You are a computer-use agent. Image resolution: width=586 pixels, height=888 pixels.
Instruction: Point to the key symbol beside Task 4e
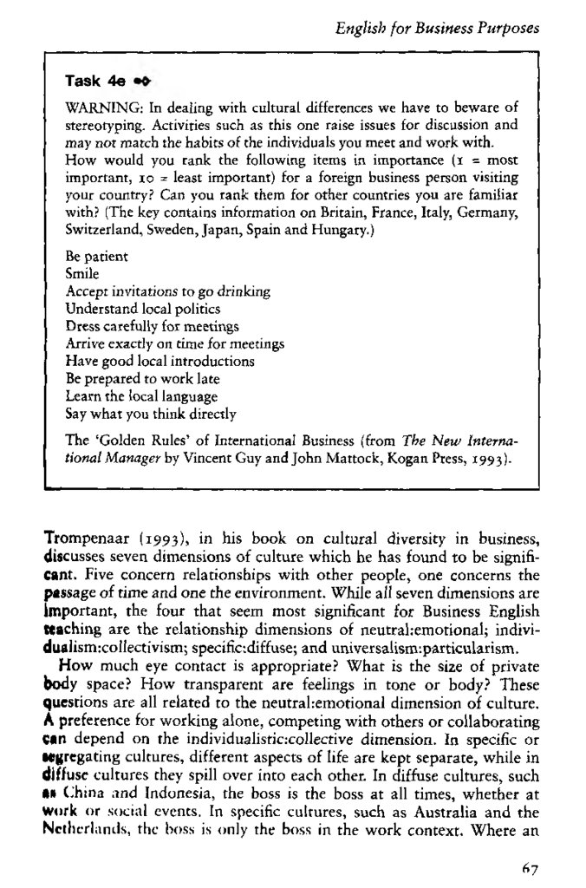143,82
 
